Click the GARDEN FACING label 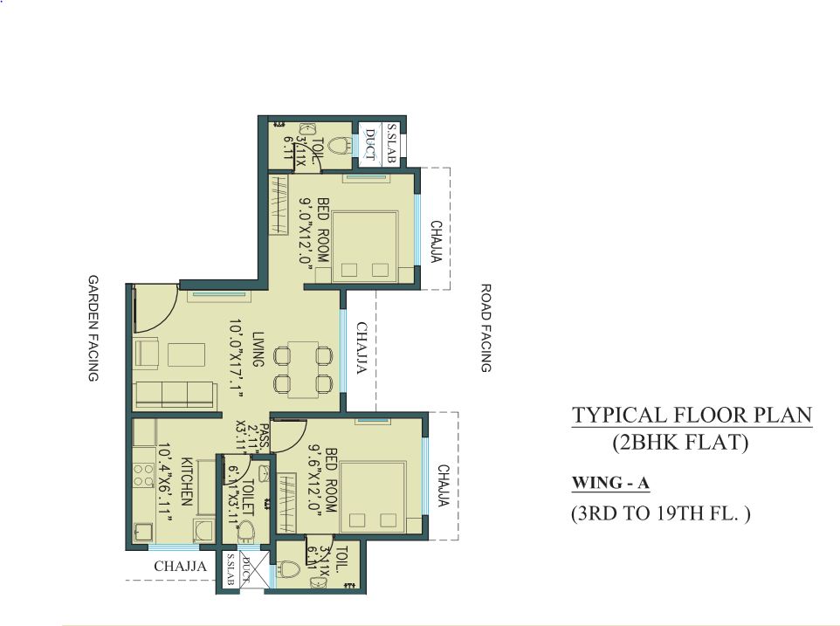(x=92, y=329)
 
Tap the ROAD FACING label (x=486, y=328)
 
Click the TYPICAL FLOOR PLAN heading (x=692, y=415)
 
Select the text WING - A (x=611, y=482)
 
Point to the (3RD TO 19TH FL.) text (x=660, y=513)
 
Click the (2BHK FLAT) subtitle (x=680, y=443)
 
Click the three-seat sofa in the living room (x=175, y=394)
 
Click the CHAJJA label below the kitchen (x=180, y=567)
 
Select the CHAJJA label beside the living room (x=360, y=349)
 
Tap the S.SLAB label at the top (x=392, y=145)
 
